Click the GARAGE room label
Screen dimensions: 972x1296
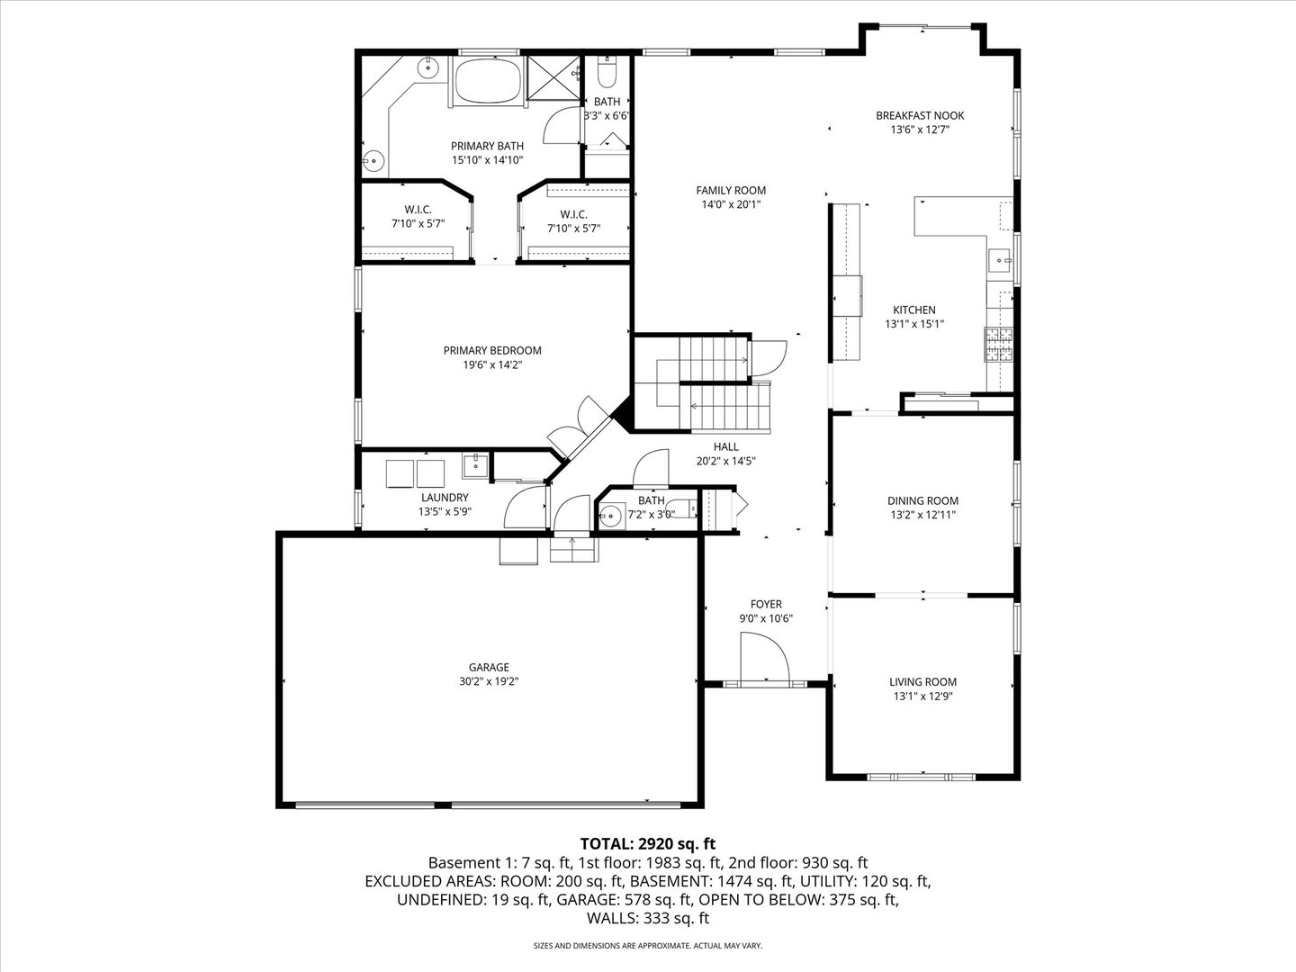point(489,667)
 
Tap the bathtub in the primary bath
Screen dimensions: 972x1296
point(487,82)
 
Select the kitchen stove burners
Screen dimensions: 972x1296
point(999,345)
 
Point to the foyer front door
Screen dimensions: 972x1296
point(764,659)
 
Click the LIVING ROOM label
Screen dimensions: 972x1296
point(922,682)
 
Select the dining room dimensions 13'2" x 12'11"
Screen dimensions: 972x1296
point(922,516)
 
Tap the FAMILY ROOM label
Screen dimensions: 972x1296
point(731,190)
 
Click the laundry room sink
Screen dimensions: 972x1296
point(475,465)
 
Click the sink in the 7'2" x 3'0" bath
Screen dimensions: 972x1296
point(612,517)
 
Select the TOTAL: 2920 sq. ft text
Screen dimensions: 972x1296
point(648,843)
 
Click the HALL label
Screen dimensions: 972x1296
point(725,446)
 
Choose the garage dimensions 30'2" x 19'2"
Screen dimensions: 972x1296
point(489,681)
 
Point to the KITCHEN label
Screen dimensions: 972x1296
point(913,310)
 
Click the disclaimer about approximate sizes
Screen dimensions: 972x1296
point(648,946)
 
